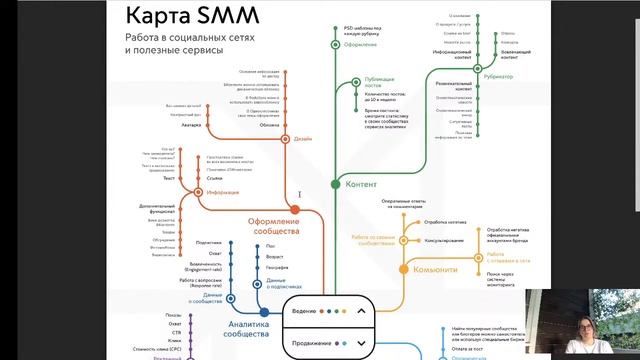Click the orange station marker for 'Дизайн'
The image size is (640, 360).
tap(286, 138)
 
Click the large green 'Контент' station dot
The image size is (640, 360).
tap(337, 185)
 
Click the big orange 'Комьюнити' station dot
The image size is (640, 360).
tap(404, 269)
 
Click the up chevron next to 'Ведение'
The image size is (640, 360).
tap(362, 311)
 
